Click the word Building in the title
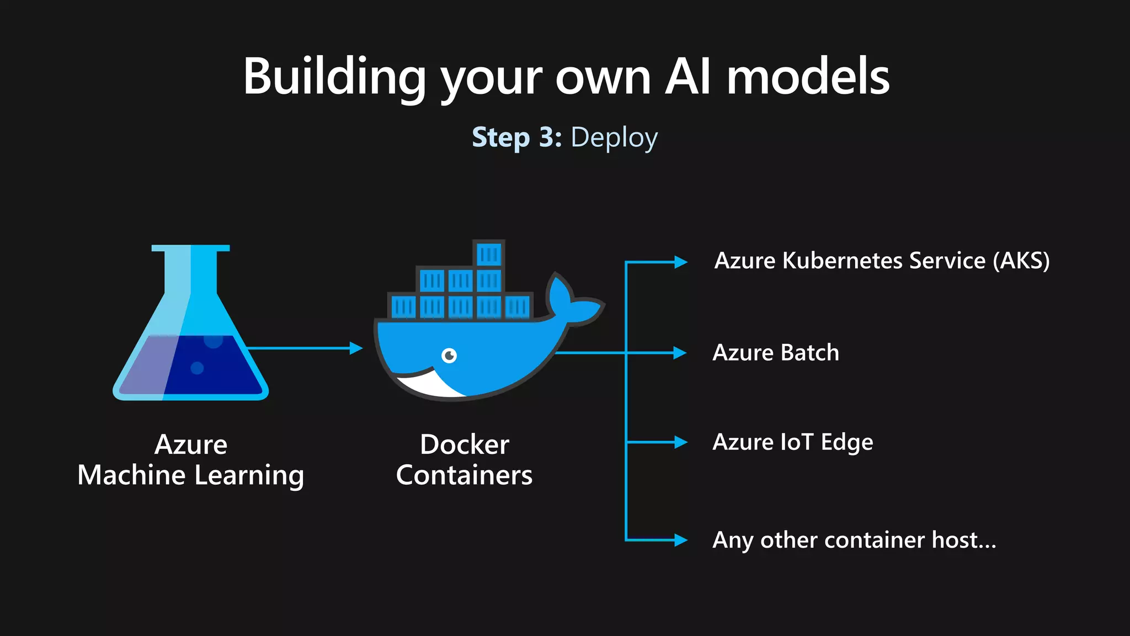(x=334, y=77)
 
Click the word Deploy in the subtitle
(x=614, y=138)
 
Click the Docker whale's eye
(x=450, y=356)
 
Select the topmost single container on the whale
(x=489, y=255)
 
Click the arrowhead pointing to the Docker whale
(x=356, y=348)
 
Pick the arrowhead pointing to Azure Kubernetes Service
(x=681, y=262)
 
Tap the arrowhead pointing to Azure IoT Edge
(x=681, y=442)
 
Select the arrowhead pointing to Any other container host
(x=681, y=540)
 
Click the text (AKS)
(x=1021, y=261)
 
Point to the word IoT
(x=797, y=442)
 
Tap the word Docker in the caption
(x=465, y=445)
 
